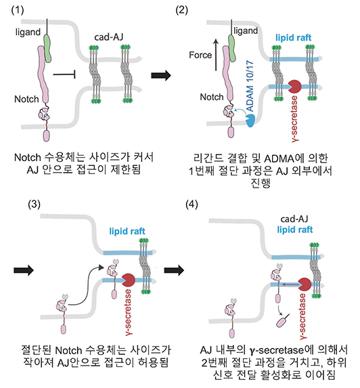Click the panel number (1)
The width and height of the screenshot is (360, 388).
18,10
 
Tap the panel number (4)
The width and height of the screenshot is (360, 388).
192,204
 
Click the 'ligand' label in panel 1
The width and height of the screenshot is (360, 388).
28,33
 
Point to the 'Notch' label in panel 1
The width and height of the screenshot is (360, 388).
26,99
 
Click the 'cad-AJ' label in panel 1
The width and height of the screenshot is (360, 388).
108,37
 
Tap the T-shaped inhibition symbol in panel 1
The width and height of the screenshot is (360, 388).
64,74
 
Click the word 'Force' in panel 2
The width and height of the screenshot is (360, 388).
200,55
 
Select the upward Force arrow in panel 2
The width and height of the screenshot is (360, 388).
216,55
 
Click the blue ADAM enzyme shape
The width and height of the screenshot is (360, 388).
250,121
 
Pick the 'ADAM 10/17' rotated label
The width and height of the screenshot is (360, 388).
250,86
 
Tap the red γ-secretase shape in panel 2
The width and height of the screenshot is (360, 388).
294,87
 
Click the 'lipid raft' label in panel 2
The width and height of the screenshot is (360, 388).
293,38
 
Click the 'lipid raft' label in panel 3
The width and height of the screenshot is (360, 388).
127,231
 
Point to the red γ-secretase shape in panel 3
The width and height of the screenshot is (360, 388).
129,280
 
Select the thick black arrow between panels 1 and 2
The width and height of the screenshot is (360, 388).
161,74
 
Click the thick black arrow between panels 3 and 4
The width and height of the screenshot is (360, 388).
174,270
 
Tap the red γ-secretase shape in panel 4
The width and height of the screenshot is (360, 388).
305,284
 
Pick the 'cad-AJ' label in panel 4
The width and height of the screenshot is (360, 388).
294,219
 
